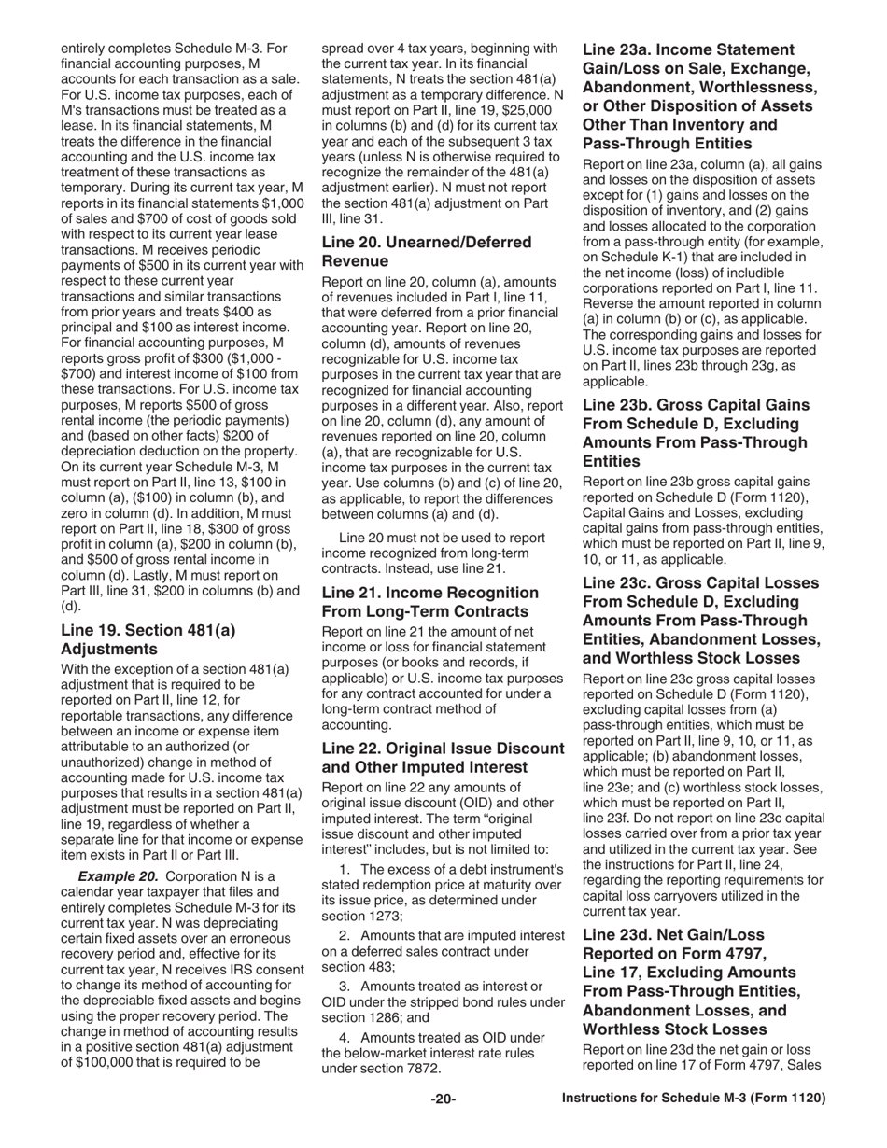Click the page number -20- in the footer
[x=443, y=1099]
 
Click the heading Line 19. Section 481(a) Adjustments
[x=148, y=639]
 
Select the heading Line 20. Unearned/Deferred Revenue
[x=426, y=251]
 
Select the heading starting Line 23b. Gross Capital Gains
[x=696, y=433]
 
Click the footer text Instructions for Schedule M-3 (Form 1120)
[x=693, y=1099]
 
